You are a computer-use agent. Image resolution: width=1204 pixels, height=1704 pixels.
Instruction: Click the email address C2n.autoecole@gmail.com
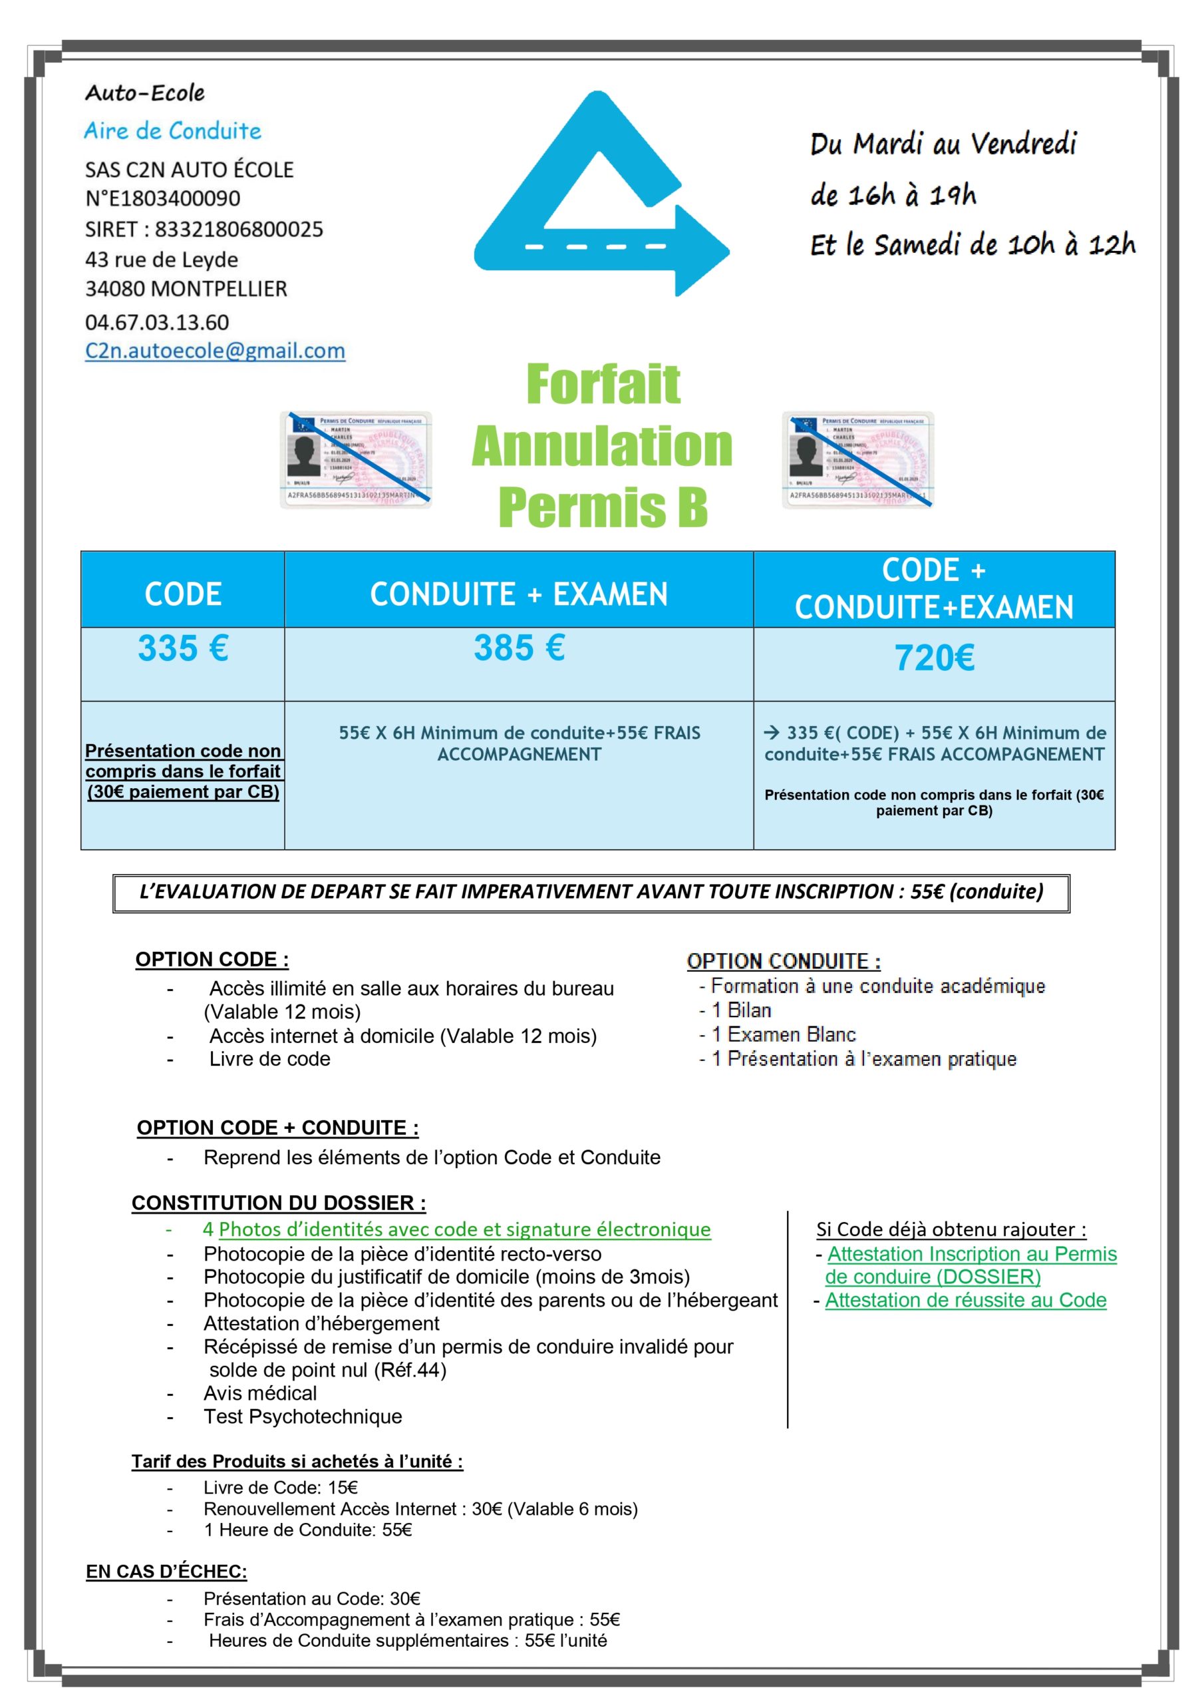[x=215, y=350]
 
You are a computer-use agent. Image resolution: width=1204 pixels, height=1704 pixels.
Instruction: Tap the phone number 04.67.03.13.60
[x=156, y=322]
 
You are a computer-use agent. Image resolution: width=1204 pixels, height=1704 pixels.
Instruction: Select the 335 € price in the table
[x=182, y=648]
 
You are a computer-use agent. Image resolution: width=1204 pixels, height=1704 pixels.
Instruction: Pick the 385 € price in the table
[x=520, y=648]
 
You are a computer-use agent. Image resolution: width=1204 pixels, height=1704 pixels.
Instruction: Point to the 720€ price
[x=934, y=658]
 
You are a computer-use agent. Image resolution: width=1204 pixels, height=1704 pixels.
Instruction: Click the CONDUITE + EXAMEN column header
[x=520, y=594]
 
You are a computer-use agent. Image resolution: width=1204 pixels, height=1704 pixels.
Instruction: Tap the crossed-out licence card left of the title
[x=355, y=460]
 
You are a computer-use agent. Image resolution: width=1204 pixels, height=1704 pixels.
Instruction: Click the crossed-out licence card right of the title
[x=857, y=460]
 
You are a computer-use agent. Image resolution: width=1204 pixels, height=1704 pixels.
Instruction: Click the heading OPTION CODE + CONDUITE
[x=277, y=1128]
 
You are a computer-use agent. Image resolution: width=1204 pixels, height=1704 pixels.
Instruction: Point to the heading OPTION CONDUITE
[x=784, y=961]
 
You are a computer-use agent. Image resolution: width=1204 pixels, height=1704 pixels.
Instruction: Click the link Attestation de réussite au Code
[x=965, y=1299]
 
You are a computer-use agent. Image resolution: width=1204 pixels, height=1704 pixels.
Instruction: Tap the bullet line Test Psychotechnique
[x=303, y=1416]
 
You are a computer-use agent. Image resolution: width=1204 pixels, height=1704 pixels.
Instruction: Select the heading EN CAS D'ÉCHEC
[x=166, y=1571]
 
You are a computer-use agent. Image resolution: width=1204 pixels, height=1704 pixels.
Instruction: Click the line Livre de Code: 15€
[x=281, y=1487]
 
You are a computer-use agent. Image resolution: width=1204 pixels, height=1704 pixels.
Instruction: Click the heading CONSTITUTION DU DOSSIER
[x=278, y=1202]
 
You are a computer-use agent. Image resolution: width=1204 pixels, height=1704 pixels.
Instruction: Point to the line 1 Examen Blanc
[x=784, y=1034]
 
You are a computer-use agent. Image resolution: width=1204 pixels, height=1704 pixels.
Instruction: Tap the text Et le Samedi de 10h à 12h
[x=972, y=245]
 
